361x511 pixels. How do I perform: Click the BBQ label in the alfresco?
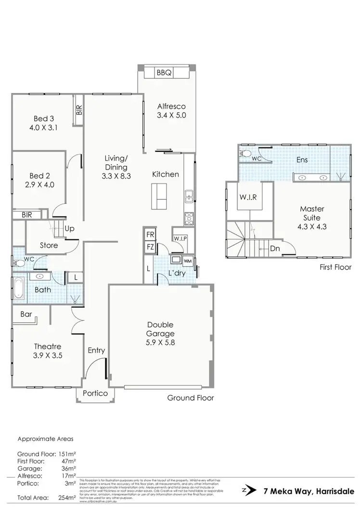tap(165, 73)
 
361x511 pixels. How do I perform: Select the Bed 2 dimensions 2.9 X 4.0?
tap(40, 184)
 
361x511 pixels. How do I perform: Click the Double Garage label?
tap(161, 329)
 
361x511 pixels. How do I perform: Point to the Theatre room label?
tap(47, 346)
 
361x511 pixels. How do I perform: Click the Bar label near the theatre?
tap(26, 314)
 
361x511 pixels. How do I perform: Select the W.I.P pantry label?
tap(180, 238)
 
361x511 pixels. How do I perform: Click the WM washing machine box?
tap(188, 261)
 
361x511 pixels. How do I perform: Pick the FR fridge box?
tap(150, 235)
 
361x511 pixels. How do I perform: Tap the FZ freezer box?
tap(150, 247)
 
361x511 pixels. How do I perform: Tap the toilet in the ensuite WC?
tap(245, 154)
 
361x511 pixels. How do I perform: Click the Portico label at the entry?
tap(95, 393)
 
